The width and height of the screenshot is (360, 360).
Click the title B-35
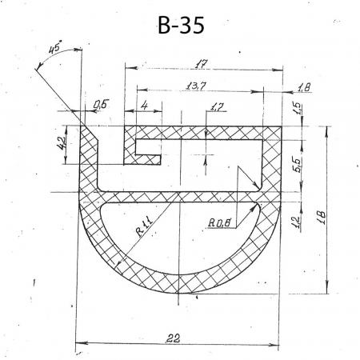click(x=181, y=25)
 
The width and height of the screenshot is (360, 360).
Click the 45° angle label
click(x=55, y=47)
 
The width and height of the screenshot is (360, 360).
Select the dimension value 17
click(x=201, y=64)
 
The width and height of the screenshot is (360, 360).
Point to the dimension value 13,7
click(x=196, y=86)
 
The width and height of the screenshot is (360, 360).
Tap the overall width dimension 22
click(x=173, y=338)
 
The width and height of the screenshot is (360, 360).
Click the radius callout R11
click(x=144, y=226)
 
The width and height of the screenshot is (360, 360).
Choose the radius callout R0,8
click(x=219, y=222)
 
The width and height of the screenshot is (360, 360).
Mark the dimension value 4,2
click(x=61, y=143)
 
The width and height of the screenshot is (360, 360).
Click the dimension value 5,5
click(x=298, y=164)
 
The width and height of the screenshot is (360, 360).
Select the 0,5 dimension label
click(x=102, y=104)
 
